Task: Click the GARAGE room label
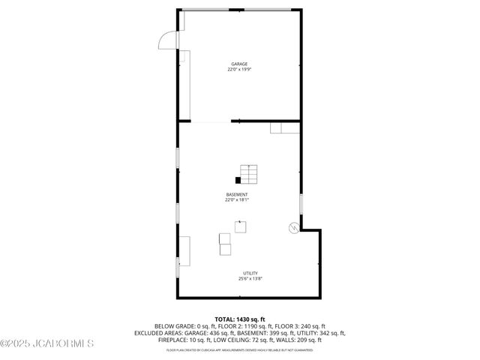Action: tap(239, 64)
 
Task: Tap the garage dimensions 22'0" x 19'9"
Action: tap(239, 70)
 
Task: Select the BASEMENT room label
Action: tap(237, 195)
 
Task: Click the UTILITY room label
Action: tap(250, 273)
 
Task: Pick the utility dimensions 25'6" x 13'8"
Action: tap(250, 279)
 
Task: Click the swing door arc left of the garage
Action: tap(168, 39)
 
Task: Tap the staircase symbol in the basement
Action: tap(248, 174)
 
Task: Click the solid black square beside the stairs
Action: tap(238, 180)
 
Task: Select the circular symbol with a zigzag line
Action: tap(292, 228)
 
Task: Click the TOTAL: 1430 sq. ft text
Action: tap(240, 319)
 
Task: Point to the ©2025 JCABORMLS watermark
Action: tap(47, 344)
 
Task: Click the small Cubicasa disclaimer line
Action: tap(240, 349)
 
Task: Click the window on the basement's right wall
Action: tap(301, 204)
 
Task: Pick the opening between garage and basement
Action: tap(212, 121)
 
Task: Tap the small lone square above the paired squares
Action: tap(241, 226)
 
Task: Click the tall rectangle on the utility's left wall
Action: tap(184, 251)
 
